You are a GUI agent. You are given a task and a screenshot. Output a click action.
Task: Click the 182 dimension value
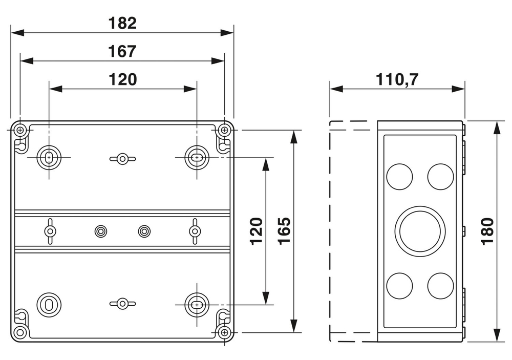122,23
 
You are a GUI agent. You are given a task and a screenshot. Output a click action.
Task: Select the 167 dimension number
122,51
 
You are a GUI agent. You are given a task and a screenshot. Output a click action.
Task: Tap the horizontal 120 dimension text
122,79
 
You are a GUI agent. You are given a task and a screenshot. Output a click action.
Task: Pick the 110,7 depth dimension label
397,79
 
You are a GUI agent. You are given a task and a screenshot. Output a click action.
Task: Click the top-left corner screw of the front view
20,130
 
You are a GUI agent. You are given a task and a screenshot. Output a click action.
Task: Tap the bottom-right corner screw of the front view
224,332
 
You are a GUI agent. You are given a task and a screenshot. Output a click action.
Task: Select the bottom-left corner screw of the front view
20,332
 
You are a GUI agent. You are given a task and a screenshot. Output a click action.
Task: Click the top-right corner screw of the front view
224,130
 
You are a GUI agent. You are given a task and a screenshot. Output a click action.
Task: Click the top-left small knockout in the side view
399,176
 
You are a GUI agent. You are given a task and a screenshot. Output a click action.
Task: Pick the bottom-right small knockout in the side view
440,286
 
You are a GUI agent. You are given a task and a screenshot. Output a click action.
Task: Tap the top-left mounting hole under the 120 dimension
49,158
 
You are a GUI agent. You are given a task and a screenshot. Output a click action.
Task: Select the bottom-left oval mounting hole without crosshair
49,304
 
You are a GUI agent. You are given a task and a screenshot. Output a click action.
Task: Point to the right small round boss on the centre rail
144,231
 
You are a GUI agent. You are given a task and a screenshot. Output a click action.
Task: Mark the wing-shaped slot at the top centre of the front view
122,159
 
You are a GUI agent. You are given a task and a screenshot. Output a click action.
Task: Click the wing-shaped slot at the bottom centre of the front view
122,304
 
